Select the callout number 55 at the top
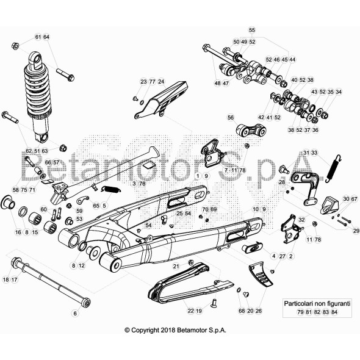(252, 30)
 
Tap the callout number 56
(230, 117)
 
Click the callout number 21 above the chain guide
(176, 266)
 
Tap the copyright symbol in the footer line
(128, 330)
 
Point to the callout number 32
(301, 219)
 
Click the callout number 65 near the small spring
(96, 206)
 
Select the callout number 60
(43, 209)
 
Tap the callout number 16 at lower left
(18, 232)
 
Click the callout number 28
(281, 182)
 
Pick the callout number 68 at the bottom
(242, 311)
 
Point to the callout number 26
(259, 311)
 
